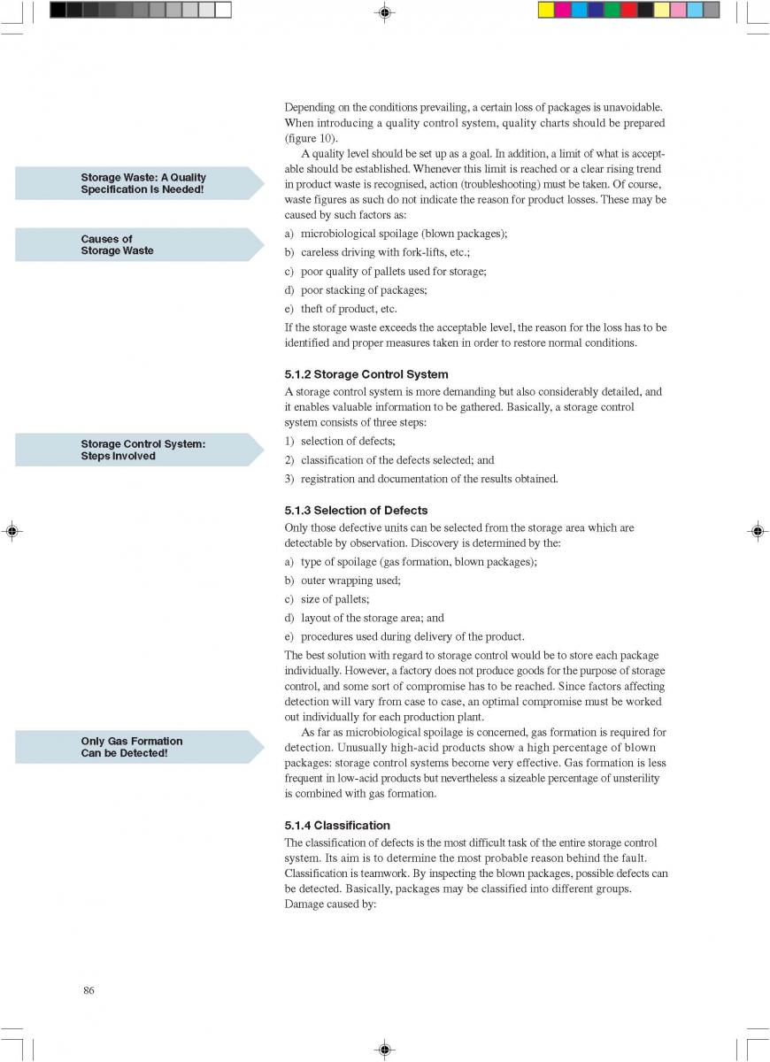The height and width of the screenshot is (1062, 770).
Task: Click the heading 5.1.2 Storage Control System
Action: point(366,374)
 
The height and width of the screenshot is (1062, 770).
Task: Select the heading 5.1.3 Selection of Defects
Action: point(356,511)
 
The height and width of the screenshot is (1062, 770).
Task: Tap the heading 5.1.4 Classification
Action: point(336,826)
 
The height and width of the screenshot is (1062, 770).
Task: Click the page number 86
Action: point(89,990)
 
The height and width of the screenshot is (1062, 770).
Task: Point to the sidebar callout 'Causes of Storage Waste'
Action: point(117,245)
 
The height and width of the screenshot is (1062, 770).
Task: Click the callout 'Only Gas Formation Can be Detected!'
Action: point(132,747)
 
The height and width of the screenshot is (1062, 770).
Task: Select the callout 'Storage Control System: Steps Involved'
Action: point(142,450)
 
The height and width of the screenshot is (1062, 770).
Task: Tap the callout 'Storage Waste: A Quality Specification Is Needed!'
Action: point(142,183)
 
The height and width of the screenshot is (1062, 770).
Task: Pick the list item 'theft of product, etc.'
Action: point(349,309)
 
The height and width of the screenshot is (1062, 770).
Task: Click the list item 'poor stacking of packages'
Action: point(364,290)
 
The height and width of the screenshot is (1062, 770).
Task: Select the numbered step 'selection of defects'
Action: point(348,441)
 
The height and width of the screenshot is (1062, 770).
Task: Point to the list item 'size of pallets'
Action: point(335,599)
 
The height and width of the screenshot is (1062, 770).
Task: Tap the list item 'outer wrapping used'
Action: point(350,581)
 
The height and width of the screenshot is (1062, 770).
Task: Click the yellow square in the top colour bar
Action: point(546,10)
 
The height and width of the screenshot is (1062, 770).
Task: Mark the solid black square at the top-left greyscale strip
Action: point(58,10)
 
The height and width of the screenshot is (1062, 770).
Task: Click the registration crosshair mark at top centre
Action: point(384,12)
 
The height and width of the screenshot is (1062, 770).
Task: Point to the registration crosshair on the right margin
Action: point(758,531)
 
